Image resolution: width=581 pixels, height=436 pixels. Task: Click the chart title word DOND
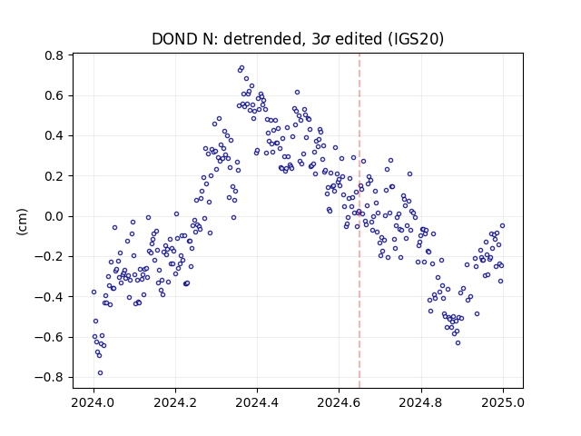174,38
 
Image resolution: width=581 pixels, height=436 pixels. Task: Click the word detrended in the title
263,39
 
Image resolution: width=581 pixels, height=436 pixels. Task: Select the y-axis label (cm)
22,222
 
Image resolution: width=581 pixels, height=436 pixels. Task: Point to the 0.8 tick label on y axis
54,55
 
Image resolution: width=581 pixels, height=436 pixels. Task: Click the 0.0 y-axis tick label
54,216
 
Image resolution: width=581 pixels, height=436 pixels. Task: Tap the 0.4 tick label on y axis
54,136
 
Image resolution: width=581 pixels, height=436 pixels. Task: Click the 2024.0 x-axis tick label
94,402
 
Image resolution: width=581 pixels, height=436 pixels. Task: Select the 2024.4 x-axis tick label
257,402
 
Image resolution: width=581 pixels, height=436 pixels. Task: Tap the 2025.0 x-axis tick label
503,402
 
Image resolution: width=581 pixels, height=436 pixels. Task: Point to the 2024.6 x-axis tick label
339,402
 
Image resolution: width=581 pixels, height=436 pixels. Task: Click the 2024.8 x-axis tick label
421,402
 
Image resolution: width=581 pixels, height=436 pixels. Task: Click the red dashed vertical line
359,221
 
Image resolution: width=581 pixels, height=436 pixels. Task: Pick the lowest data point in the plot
100,373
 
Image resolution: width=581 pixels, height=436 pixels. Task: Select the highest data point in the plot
242,68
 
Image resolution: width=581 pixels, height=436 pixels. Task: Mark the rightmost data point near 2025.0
502,226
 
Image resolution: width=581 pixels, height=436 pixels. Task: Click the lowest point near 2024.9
458,343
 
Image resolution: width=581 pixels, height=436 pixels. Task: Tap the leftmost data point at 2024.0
94,292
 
